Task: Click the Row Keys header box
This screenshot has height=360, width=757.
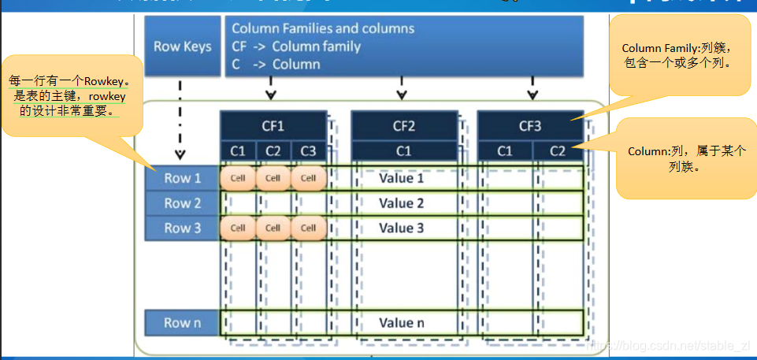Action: pyautogui.click(x=183, y=46)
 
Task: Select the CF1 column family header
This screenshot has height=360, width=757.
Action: pyautogui.click(x=273, y=125)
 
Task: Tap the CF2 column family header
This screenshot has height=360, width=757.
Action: pyautogui.click(x=403, y=125)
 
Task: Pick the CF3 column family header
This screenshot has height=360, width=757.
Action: pyautogui.click(x=530, y=125)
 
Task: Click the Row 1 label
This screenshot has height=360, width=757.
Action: pyautogui.click(x=182, y=178)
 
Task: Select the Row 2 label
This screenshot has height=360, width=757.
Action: pyautogui.click(x=182, y=203)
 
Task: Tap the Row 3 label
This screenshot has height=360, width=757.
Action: pyautogui.click(x=182, y=228)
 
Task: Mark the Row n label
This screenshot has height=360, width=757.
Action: pyautogui.click(x=182, y=322)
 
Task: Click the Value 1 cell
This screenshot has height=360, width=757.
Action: pyautogui.click(x=401, y=178)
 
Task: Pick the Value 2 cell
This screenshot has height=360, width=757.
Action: pyautogui.click(x=401, y=203)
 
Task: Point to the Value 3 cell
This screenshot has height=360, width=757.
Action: pyautogui.click(x=401, y=228)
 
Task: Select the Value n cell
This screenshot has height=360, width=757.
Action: pyautogui.click(x=401, y=322)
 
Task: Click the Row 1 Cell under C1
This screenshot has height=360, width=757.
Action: pyautogui.click(x=238, y=178)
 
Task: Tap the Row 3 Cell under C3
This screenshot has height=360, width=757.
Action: pyautogui.click(x=308, y=228)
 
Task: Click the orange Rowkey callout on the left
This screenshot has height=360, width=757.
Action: pyautogui.click(x=71, y=95)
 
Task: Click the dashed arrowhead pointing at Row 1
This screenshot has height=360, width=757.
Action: pyautogui.click(x=180, y=154)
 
